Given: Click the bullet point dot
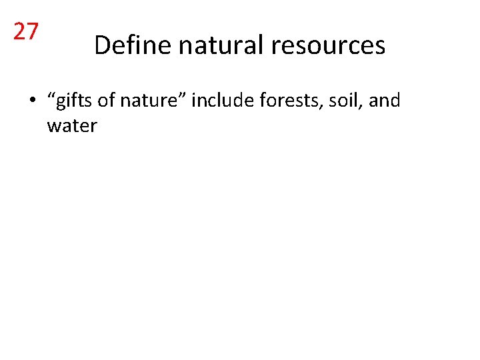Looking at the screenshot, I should (x=31, y=102).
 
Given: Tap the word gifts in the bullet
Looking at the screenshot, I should (x=71, y=101).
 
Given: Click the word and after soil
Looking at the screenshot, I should (x=384, y=101).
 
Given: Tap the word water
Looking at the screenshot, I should (x=72, y=125).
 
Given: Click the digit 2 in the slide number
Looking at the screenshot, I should (x=20, y=31).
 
